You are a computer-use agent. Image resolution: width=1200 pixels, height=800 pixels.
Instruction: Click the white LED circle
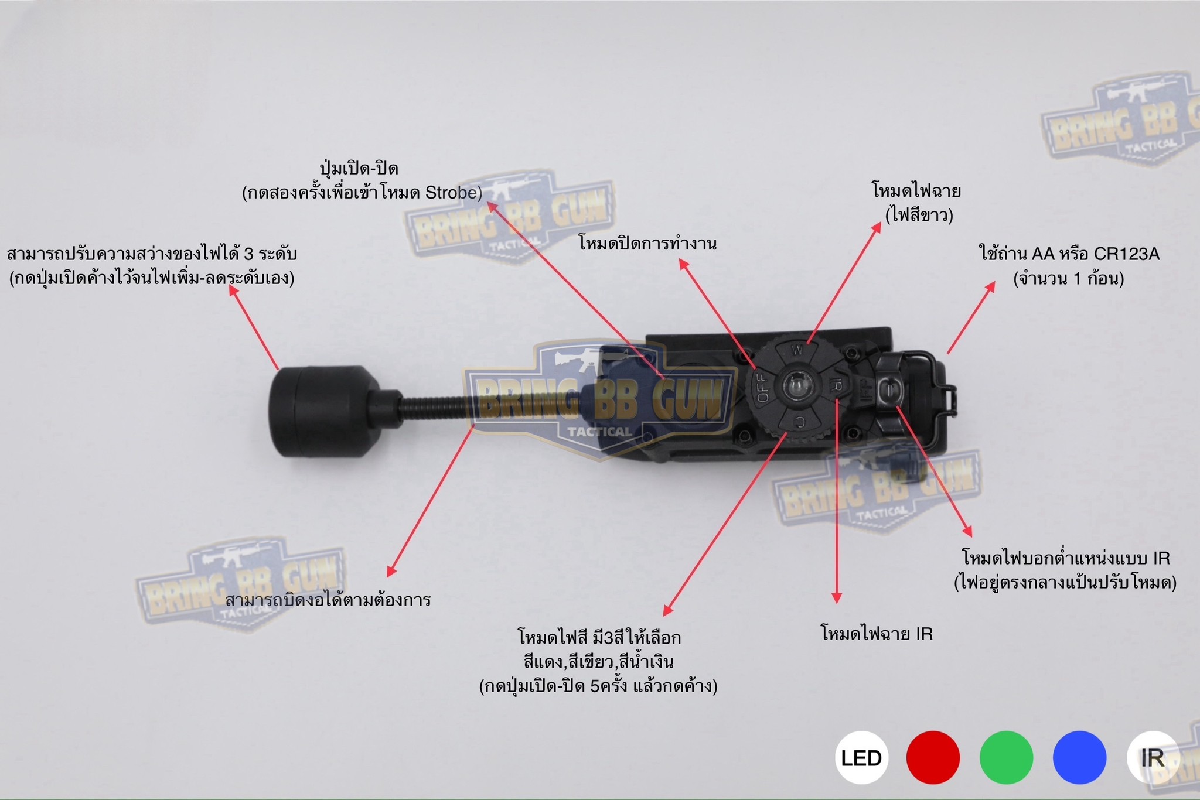coord(861,757)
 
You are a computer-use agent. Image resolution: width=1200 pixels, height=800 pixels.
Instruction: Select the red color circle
coord(933,757)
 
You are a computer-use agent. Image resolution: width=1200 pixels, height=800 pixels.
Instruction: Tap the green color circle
coord(1006,757)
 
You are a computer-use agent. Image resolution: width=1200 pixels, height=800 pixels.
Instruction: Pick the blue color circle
coord(1079,757)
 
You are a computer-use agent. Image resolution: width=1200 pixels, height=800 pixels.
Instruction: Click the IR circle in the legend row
coord(1152,757)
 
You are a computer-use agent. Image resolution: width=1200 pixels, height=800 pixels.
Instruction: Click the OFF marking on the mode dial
coord(763,388)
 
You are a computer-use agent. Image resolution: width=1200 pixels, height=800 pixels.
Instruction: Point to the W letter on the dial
coord(797,351)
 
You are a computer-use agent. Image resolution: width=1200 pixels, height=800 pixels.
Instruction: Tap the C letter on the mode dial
coord(800,422)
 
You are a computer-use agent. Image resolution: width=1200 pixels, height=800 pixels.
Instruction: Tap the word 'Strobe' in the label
coord(449,193)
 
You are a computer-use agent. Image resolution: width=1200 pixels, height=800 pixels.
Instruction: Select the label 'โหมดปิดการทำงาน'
coord(647,243)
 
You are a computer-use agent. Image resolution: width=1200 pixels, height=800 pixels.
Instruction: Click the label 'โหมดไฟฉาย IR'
coord(877,634)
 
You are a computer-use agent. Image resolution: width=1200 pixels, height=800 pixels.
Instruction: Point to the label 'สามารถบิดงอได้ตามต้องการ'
coord(328,600)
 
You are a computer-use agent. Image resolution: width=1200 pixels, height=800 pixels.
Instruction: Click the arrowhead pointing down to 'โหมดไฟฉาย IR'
coord(837,598)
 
